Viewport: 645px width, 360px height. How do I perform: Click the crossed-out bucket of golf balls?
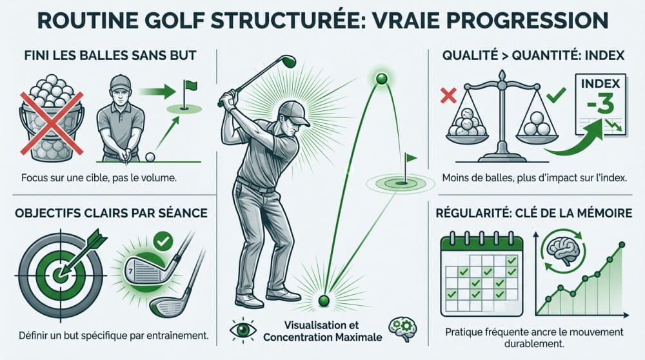coord(52,119)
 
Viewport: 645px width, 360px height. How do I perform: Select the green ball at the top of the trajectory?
coord(382,79)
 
